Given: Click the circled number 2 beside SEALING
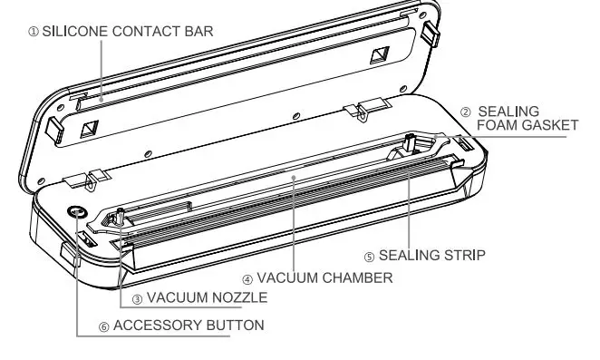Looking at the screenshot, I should click(465, 112).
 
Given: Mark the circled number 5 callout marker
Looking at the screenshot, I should click(369, 255).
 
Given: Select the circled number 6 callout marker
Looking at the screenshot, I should click(103, 325).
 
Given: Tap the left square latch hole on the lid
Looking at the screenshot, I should click(89, 129).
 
